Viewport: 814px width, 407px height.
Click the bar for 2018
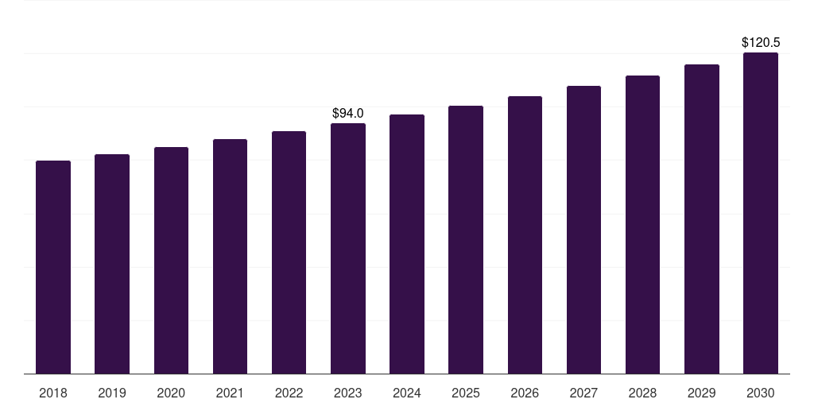[x=53, y=267]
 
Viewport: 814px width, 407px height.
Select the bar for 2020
[x=171, y=260]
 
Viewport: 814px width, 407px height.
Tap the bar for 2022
[x=289, y=252]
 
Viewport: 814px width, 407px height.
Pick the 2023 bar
[x=348, y=248]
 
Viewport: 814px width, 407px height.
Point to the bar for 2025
[x=466, y=239]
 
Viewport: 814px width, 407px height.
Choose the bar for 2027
[x=583, y=230]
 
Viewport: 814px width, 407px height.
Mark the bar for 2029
[x=702, y=219]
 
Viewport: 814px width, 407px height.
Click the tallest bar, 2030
[x=761, y=213]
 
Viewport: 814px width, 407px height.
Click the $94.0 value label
[x=348, y=114]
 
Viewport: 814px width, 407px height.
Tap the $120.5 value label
[x=761, y=42]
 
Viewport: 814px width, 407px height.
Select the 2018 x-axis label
[x=53, y=393]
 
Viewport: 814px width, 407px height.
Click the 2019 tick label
[x=112, y=393]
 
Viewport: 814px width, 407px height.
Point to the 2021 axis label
[x=230, y=393]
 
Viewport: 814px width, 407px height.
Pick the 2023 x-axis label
[x=348, y=393]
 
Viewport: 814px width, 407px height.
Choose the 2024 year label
[x=407, y=393]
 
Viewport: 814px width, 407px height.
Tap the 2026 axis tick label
[x=525, y=393]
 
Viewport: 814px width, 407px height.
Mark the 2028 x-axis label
[x=642, y=393]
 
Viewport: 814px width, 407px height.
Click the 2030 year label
[x=761, y=393]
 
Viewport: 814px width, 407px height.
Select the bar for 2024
[x=407, y=244]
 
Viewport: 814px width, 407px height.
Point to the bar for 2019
[x=112, y=264]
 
